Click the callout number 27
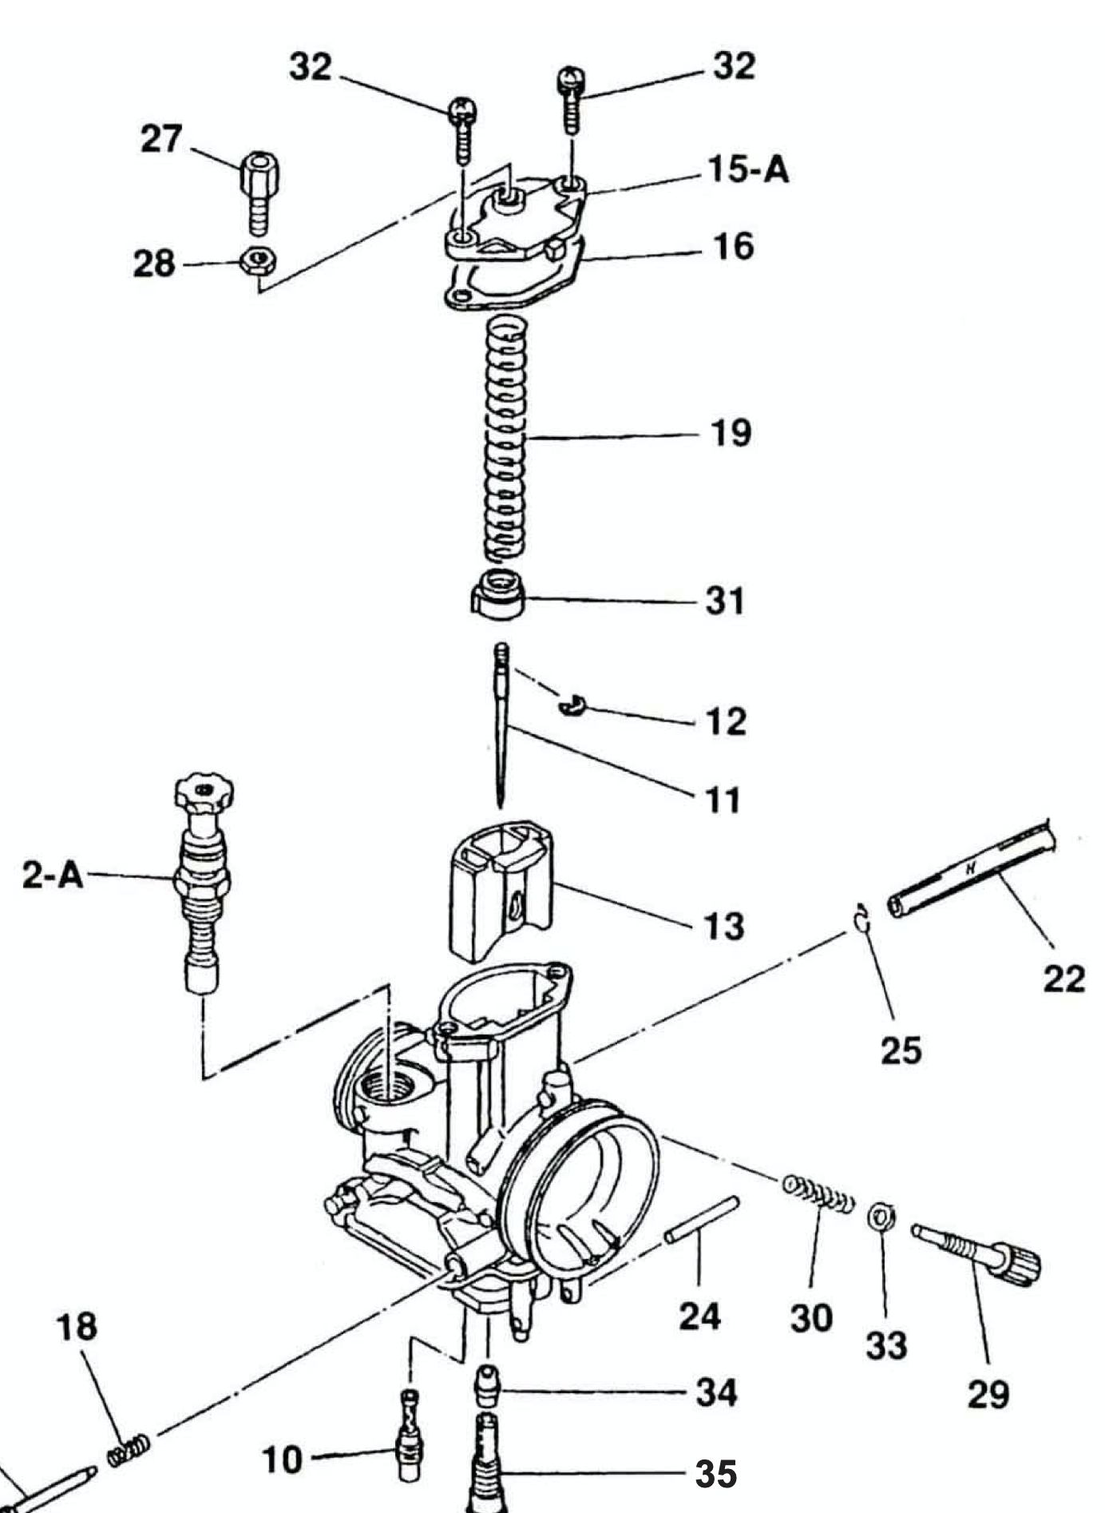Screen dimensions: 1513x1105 (161, 139)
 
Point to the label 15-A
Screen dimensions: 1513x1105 (748, 170)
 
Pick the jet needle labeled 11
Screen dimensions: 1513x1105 (501, 727)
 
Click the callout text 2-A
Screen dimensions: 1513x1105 (53, 876)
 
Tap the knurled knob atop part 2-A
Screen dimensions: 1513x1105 (204, 793)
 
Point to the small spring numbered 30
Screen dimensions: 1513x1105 (818, 1195)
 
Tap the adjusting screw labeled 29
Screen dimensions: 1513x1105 (978, 1251)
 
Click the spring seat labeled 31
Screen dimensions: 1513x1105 (497, 594)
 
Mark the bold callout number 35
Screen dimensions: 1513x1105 (716, 1475)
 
